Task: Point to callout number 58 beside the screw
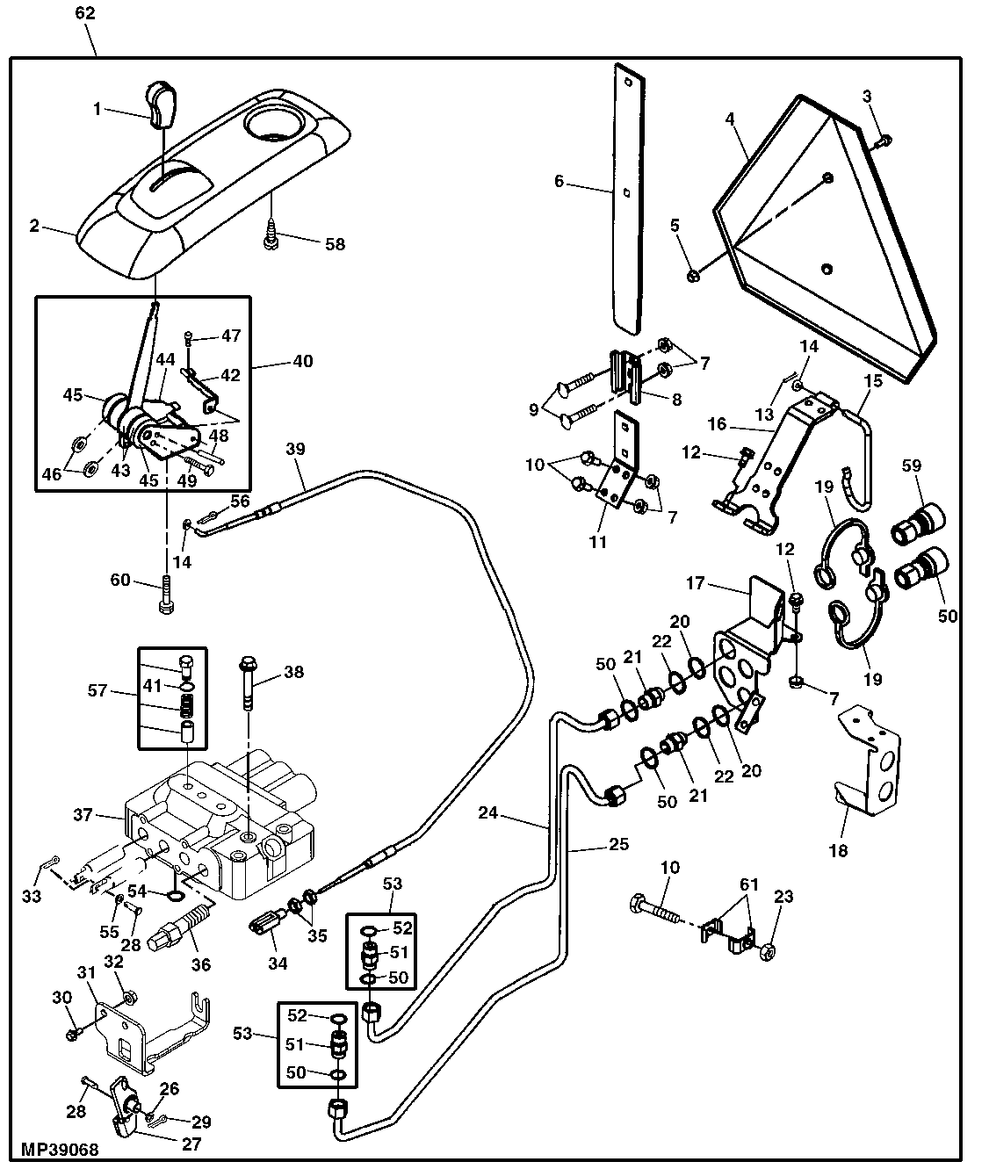click(x=336, y=244)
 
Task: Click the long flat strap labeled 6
click(x=627, y=201)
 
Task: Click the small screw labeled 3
click(x=885, y=140)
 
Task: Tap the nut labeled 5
click(x=692, y=276)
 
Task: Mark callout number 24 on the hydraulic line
click(x=487, y=813)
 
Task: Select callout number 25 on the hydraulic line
click(x=619, y=846)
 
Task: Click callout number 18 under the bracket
click(x=838, y=850)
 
